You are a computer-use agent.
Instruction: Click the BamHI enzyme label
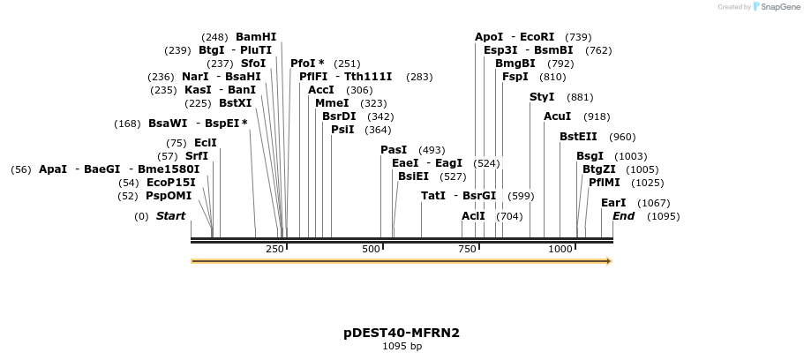(x=256, y=37)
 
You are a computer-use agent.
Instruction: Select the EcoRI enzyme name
(x=537, y=37)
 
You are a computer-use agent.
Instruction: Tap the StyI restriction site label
(x=542, y=97)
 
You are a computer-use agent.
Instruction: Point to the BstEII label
(x=579, y=137)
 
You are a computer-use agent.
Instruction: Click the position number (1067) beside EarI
(x=654, y=203)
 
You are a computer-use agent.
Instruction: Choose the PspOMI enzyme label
(x=169, y=196)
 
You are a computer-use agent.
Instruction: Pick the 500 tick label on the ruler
(x=371, y=250)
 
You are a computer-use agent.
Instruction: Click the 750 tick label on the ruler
(x=467, y=250)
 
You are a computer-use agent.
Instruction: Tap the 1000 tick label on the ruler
(x=560, y=250)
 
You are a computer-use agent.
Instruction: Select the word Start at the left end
(x=171, y=216)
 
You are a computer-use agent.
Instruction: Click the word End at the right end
(x=624, y=216)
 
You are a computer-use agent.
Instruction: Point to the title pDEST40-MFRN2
(x=402, y=333)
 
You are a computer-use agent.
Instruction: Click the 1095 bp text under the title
(x=402, y=347)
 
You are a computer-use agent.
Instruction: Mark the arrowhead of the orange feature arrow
(x=608, y=261)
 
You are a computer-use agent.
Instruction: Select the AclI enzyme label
(x=474, y=216)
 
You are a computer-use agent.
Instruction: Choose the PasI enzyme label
(x=394, y=150)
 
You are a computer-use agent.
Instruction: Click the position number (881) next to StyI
(x=580, y=97)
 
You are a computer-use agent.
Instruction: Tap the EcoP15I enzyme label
(x=171, y=183)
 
